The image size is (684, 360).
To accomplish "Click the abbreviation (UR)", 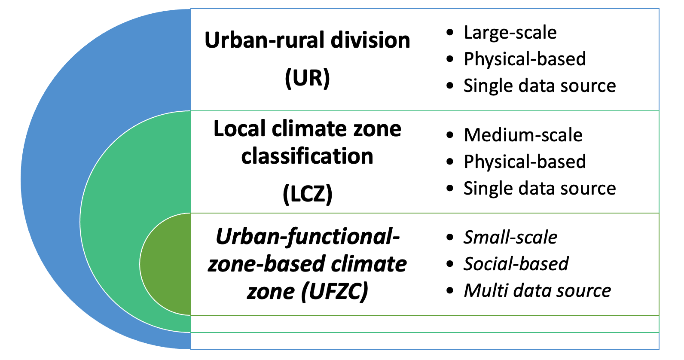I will click(x=307, y=78).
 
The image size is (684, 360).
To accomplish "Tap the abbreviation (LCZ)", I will click(x=307, y=194).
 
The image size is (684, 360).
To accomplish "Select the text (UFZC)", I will click(x=334, y=292).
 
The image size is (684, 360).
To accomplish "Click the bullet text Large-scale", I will click(x=510, y=33).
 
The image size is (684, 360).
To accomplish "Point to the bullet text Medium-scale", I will click(x=523, y=135).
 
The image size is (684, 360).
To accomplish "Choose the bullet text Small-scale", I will click(x=510, y=238).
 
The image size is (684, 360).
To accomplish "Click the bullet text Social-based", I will click(x=516, y=264).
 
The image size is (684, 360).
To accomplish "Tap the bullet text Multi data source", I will click(x=537, y=291).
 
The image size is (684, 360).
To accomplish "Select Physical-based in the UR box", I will click(x=525, y=59).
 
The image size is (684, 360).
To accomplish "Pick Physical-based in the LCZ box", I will click(x=525, y=162).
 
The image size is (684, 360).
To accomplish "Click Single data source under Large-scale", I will click(x=540, y=86).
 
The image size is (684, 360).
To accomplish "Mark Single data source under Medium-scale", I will click(x=540, y=189).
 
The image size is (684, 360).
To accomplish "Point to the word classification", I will click(x=307, y=156).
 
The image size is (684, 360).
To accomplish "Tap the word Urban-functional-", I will click(x=308, y=237).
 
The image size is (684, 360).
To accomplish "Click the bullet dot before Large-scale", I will click(x=450, y=33).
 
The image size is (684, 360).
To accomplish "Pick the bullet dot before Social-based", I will click(x=450, y=264).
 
